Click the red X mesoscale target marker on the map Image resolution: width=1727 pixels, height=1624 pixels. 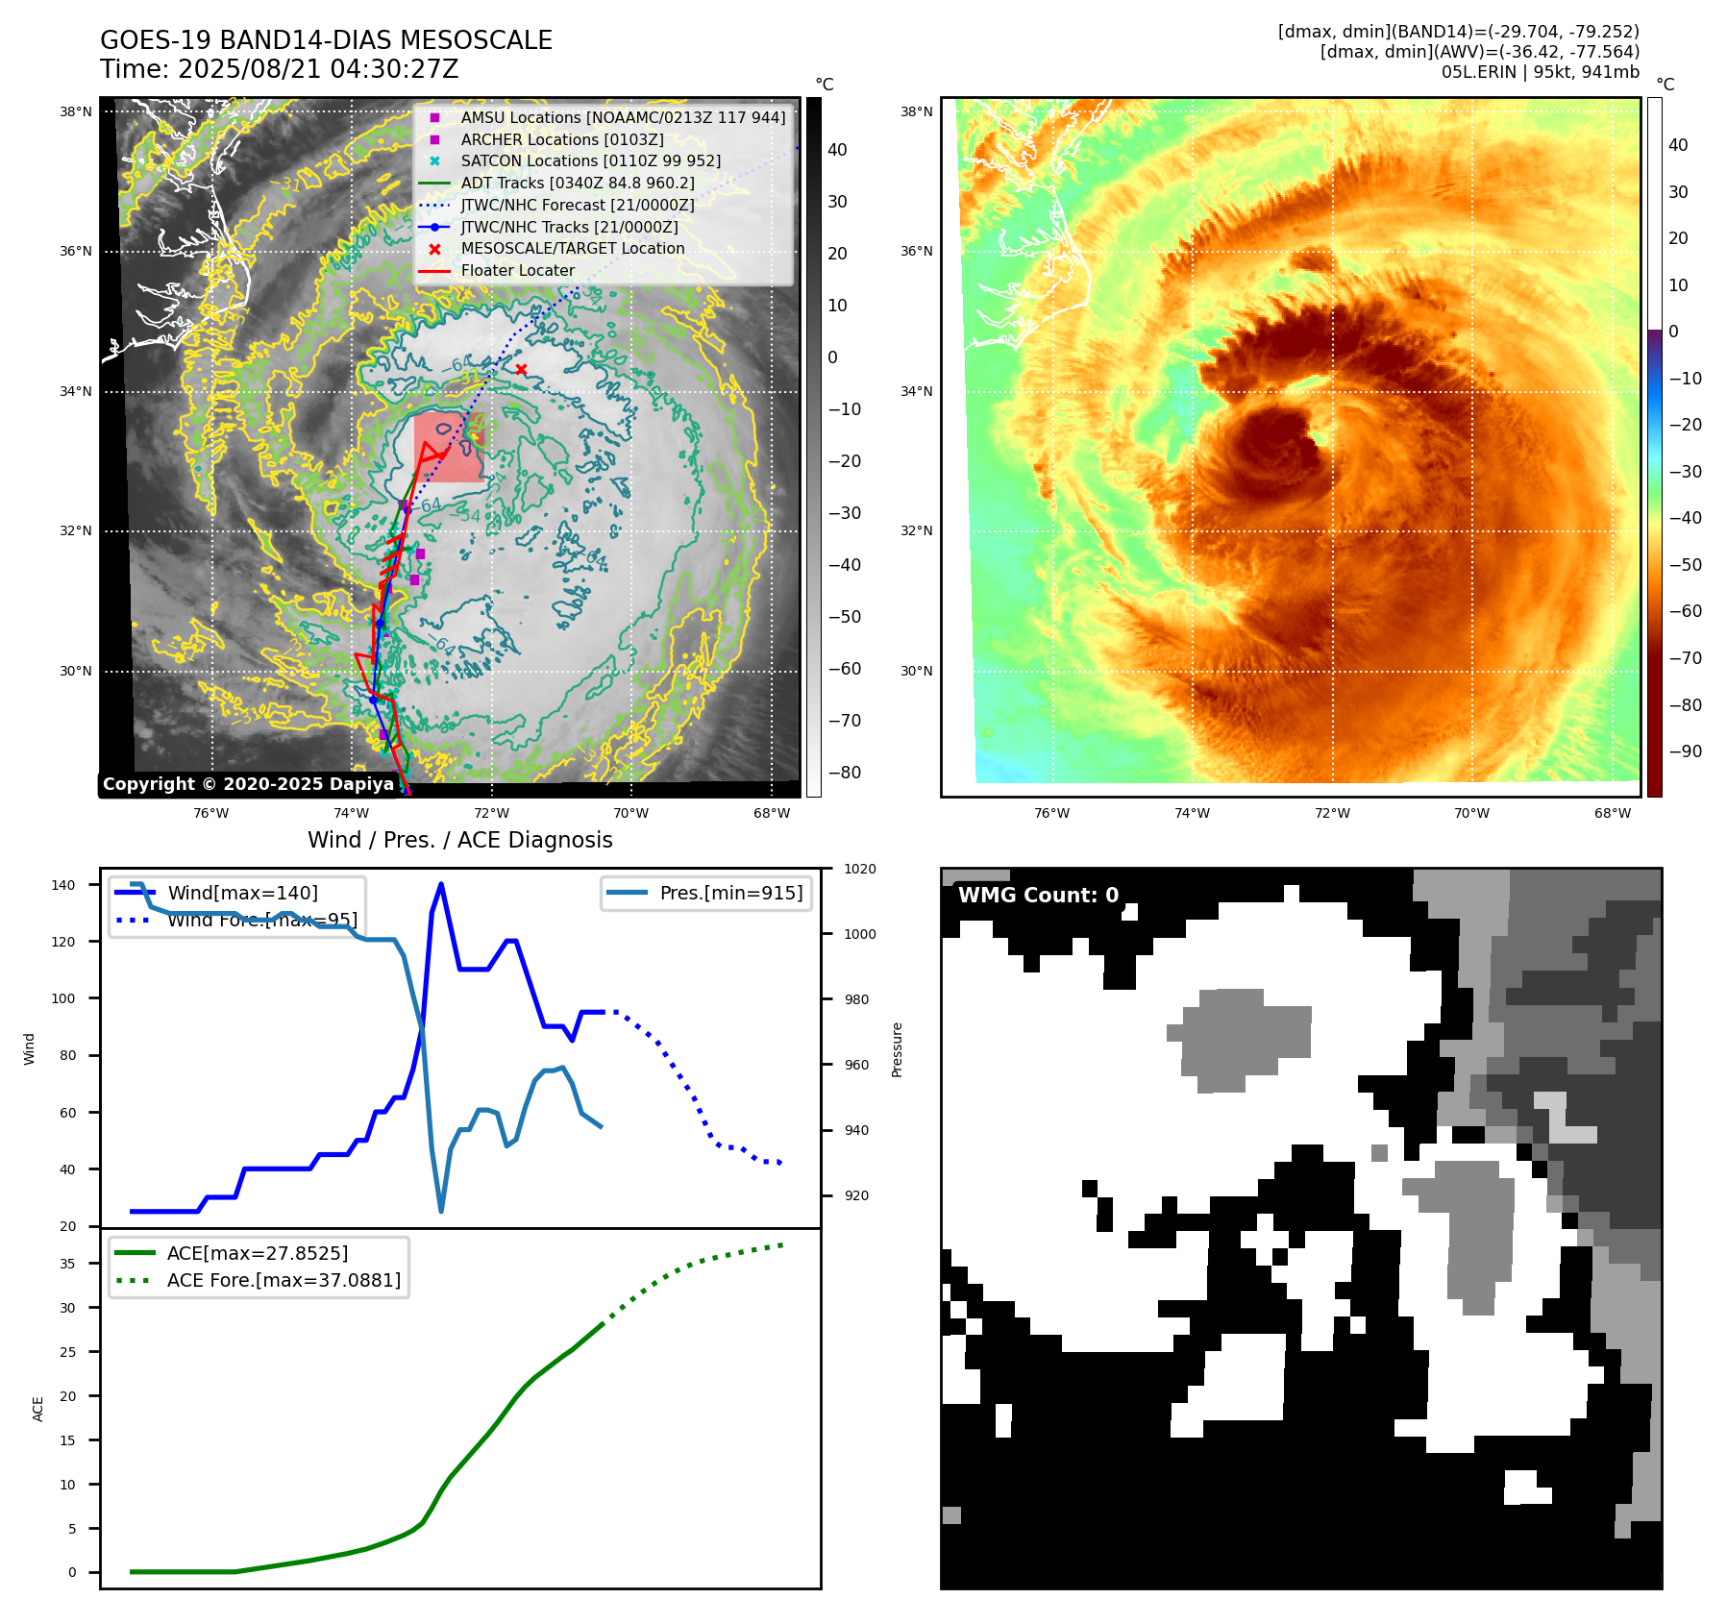click(x=521, y=370)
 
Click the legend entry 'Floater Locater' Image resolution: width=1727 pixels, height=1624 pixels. click(x=517, y=271)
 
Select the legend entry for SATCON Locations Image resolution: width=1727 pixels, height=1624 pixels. click(x=590, y=161)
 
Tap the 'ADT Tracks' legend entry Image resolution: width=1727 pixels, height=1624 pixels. click(x=577, y=184)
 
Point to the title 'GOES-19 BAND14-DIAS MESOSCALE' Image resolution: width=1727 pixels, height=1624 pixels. click(x=326, y=40)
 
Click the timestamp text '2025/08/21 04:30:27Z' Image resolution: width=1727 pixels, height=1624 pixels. click(x=318, y=70)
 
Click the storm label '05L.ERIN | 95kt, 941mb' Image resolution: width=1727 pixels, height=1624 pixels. click(x=1540, y=72)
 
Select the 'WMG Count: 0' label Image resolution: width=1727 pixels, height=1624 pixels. click(x=1038, y=896)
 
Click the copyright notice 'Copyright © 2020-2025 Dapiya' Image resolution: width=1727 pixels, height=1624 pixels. click(x=248, y=784)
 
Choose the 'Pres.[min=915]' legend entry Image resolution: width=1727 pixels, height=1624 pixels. click(x=730, y=894)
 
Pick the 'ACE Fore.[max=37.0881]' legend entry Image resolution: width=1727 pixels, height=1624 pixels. click(x=284, y=1281)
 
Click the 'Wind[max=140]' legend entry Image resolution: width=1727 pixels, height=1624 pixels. click(x=242, y=894)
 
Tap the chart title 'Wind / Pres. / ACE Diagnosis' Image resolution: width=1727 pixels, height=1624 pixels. click(x=459, y=841)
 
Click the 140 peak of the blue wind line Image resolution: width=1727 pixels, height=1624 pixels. click(x=441, y=884)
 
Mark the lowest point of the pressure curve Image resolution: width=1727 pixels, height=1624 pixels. click(x=441, y=1211)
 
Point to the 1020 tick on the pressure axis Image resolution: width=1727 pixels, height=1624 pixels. click(x=860, y=870)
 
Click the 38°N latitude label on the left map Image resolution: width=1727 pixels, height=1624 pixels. click(x=76, y=112)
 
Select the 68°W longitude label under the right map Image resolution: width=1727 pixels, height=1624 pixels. click(x=1612, y=814)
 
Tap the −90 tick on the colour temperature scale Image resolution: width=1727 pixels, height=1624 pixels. click(x=1685, y=751)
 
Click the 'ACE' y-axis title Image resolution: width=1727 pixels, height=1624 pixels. click(x=38, y=1409)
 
